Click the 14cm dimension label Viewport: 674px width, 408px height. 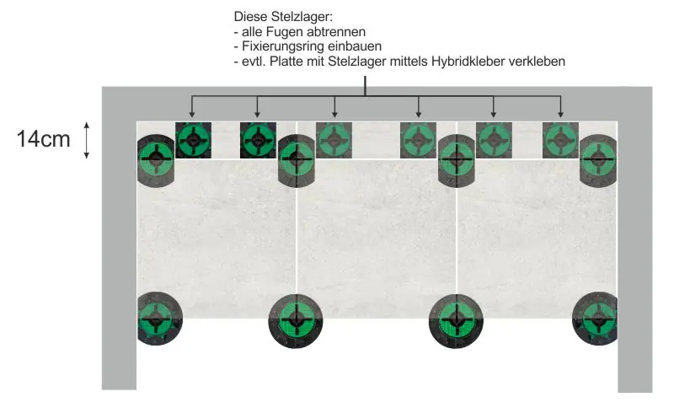point(43,139)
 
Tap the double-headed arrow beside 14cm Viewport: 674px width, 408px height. point(88,140)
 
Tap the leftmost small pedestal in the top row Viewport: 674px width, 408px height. point(192,140)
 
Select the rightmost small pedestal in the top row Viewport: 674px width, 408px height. point(560,140)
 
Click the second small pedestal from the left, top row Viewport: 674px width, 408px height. point(257,140)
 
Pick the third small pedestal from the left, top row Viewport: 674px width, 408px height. point(334,140)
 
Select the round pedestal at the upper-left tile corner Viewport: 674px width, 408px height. point(155,158)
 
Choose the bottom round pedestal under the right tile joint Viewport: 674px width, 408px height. point(457,320)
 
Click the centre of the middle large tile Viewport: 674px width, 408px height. point(377,236)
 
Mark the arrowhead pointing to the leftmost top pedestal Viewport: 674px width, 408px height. point(192,113)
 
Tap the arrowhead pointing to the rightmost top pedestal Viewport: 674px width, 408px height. point(560,113)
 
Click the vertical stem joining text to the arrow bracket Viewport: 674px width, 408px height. point(365,86)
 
